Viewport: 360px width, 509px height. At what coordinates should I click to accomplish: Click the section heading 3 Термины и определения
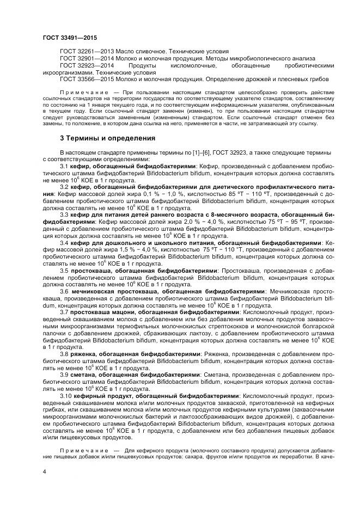click(108, 138)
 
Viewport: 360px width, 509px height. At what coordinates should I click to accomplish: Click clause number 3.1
click(63, 165)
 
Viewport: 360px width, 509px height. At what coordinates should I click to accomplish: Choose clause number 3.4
click(63, 242)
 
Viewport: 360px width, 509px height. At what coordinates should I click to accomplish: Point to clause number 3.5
click(63, 271)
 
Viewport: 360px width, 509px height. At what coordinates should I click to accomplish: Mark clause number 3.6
click(63, 292)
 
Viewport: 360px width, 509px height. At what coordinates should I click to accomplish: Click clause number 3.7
click(63, 312)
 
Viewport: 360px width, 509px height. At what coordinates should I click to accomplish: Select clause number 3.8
click(63, 354)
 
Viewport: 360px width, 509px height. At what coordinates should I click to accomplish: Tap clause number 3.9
click(63, 375)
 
